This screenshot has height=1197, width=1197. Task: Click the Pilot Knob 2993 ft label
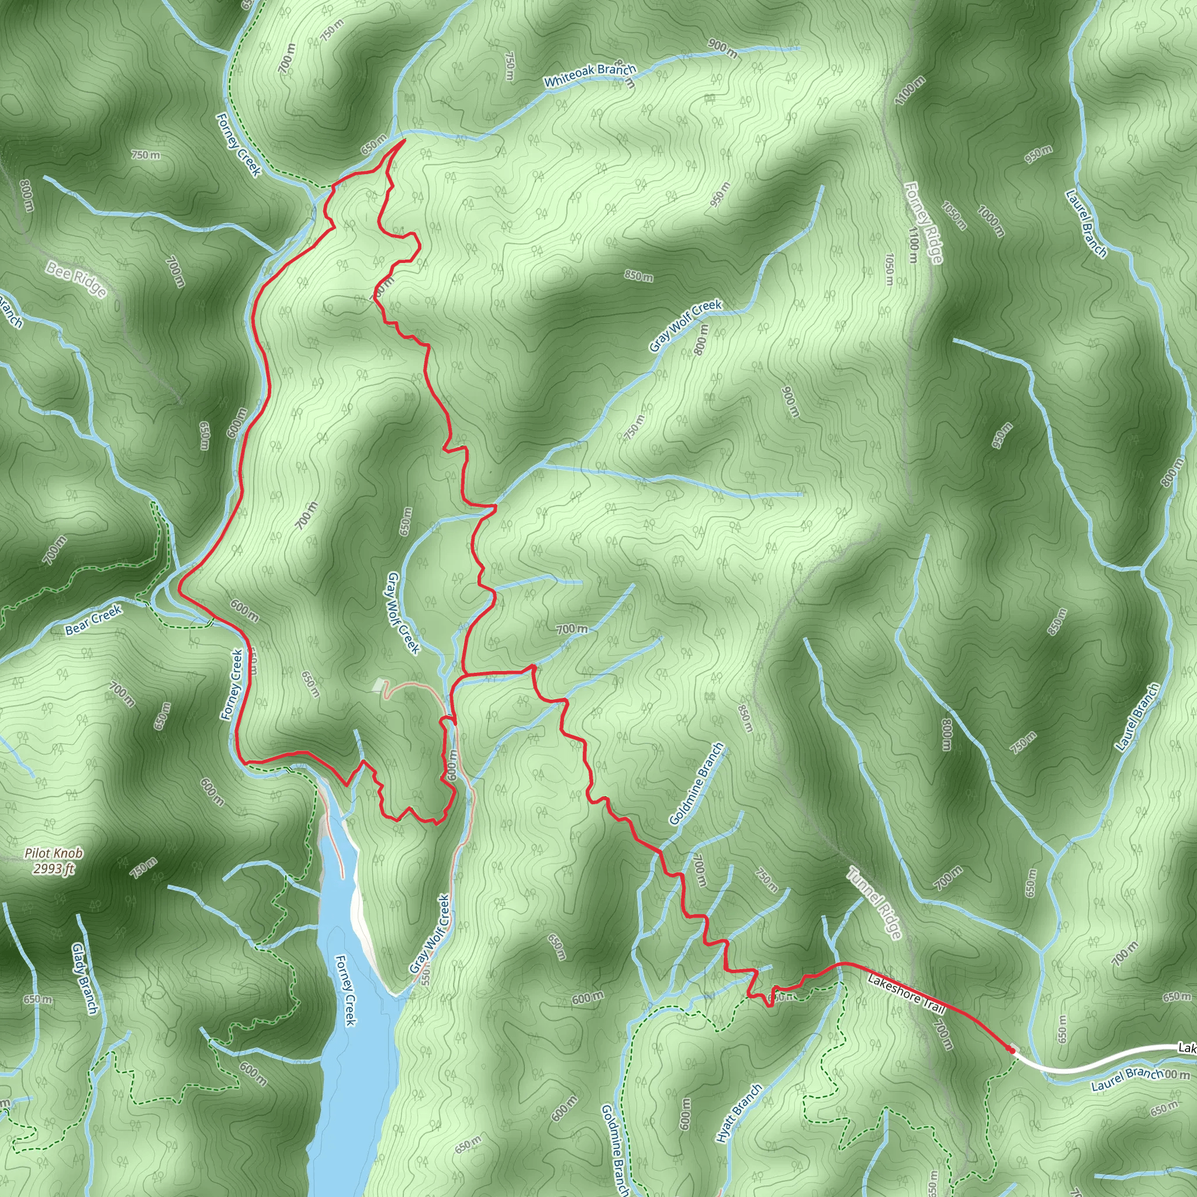coord(53,860)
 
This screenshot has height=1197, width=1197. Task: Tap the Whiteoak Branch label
coord(589,75)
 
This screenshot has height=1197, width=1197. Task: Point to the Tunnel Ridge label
coord(874,904)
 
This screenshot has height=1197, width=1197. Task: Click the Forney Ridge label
coord(923,223)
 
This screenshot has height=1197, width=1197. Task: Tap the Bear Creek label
coord(94,620)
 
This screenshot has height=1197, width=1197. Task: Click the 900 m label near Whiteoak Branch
coord(722,49)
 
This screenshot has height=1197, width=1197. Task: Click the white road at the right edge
coord(1115,1059)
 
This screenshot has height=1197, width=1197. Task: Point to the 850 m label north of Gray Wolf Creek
coord(638,276)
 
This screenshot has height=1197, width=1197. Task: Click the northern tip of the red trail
coord(404,141)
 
